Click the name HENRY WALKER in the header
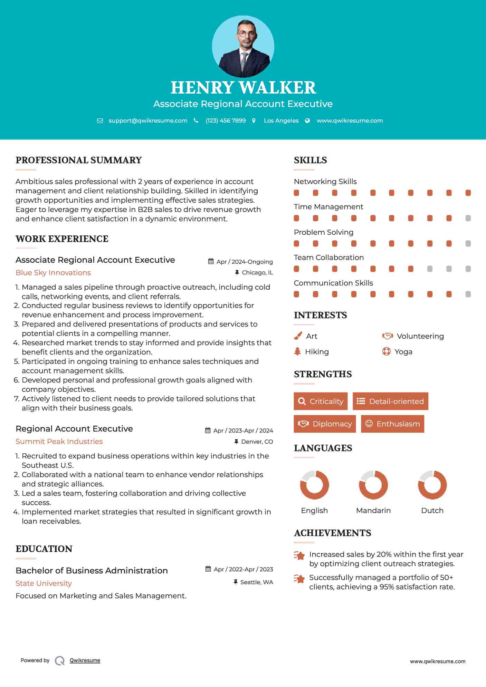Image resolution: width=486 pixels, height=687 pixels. [x=243, y=88]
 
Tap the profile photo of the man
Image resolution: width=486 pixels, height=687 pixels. [x=243, y=47]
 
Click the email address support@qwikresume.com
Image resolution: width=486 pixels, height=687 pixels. [x=148, y=121]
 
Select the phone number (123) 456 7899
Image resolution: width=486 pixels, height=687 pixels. [x=226, y=121]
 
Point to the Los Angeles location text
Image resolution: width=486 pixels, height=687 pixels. [x=281, y=121]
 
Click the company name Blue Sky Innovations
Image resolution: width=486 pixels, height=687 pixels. [x=53, y=273]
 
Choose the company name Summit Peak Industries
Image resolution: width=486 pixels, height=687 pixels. [x=59, y=442]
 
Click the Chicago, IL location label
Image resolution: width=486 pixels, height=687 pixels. [x=257, y=273]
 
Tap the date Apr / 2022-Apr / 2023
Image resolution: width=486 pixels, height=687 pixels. [x=243, y=569]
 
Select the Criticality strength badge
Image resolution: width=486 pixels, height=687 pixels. [x=321, y=401]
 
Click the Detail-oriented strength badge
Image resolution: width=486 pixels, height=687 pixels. [x=390, y=401]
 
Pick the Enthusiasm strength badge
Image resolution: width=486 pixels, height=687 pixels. [x=392, y=424]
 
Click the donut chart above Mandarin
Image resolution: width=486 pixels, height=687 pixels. [x=373, y=485]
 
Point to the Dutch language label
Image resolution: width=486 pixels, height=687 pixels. [x=432, y=511]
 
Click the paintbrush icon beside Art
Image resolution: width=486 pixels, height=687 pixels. [x=298, y=336]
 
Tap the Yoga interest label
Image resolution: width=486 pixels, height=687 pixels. [x=403, y=352]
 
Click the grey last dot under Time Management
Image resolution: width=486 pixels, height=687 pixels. [x=468, y=218]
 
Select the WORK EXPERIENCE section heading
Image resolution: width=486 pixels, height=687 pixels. [x=62, y=239]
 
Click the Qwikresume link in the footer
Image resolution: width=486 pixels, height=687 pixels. [x=85, y=660]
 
